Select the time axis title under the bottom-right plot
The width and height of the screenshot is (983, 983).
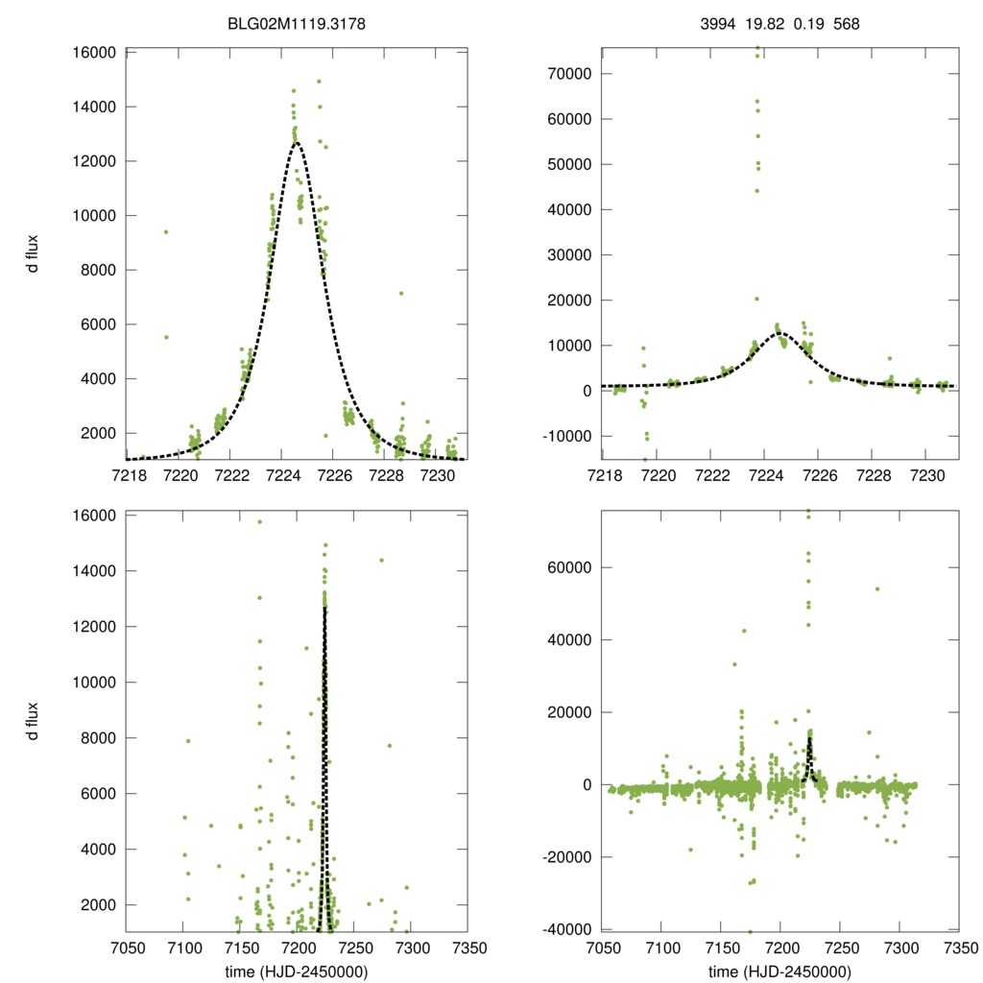click(x=779, y=971)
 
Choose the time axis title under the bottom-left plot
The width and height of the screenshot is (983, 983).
click(x=297, y=971)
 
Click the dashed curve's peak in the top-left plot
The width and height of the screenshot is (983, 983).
click(x=297, y=143)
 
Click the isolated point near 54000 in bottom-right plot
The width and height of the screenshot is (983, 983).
click(x=876, y=588)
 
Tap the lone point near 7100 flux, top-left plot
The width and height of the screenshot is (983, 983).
click(x=401, y=293)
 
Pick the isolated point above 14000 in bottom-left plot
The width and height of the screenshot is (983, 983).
click(x=381, y=561)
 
